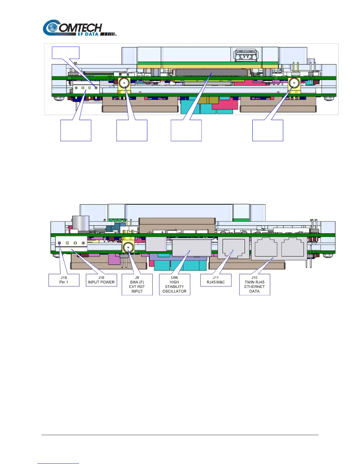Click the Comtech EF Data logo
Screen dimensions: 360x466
[79, 28]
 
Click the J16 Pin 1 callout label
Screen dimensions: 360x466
[64, 280]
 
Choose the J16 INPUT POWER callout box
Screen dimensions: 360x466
[101, 280]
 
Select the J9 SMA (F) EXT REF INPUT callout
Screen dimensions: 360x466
[137, 284]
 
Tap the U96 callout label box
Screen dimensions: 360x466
[174, 284]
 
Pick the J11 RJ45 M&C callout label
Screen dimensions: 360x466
[216, 280]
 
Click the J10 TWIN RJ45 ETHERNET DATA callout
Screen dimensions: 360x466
[254, 284]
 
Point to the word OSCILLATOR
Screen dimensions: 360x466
[174, 291]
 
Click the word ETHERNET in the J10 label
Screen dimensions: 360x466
[254, 287]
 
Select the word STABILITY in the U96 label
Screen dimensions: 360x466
[174, 287]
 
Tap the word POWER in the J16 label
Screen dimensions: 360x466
[107, 282]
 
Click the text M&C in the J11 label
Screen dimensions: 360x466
[220, 282]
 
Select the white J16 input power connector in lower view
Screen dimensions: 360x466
[71, 244]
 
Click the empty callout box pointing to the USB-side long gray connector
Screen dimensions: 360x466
[186, 130]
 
